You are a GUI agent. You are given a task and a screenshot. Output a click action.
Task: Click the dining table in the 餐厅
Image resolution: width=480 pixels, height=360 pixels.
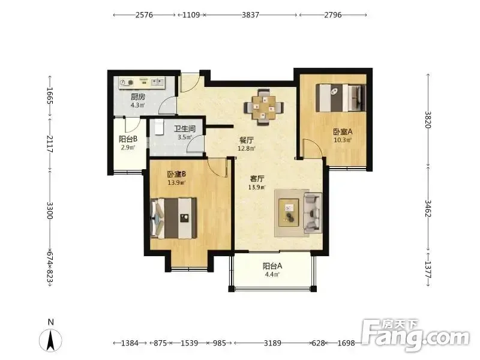(x=263, y=107)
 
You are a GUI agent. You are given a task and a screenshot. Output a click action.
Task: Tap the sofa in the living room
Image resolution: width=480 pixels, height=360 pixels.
(x=313, y=211)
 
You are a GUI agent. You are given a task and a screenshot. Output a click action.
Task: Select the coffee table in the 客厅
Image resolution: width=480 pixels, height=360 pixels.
(x=289, y=212)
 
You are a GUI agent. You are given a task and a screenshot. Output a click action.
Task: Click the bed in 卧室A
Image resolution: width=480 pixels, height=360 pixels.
(x=341, y=98)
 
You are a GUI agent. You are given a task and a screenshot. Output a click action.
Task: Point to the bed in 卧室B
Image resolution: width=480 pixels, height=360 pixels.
(x=173, y=218)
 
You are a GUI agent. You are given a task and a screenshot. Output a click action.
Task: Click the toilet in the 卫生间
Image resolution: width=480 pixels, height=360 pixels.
(x=158, y=127)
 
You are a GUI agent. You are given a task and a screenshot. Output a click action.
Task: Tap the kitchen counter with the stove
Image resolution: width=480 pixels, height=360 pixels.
(x=143, y=82)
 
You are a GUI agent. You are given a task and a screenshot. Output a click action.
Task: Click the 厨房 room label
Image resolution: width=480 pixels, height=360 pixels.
(x=138, y=97)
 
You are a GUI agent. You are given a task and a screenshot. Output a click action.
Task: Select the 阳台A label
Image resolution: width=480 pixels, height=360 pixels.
(x=272, y=266)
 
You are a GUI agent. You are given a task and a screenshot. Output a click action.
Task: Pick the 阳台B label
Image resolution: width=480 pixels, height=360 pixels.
(x=128, y=139)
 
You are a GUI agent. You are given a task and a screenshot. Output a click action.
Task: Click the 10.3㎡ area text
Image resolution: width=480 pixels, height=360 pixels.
(x=343, y=140)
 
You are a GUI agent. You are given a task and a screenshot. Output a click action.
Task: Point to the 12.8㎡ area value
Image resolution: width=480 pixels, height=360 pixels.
(x=247, y=148)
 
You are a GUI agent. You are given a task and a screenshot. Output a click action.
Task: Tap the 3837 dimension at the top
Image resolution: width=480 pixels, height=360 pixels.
(x=250, y=14)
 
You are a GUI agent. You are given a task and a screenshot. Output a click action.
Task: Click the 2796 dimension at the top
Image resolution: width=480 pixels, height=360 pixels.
(x=333, y=14)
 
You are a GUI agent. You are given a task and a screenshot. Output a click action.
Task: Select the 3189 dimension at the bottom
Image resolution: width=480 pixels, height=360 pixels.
(x=272, y=343)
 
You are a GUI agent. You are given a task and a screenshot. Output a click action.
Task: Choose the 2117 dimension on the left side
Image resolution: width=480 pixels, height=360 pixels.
(x=50, y=144)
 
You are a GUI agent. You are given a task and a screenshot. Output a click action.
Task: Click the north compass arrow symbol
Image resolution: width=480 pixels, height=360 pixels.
(x=50, y=340)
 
